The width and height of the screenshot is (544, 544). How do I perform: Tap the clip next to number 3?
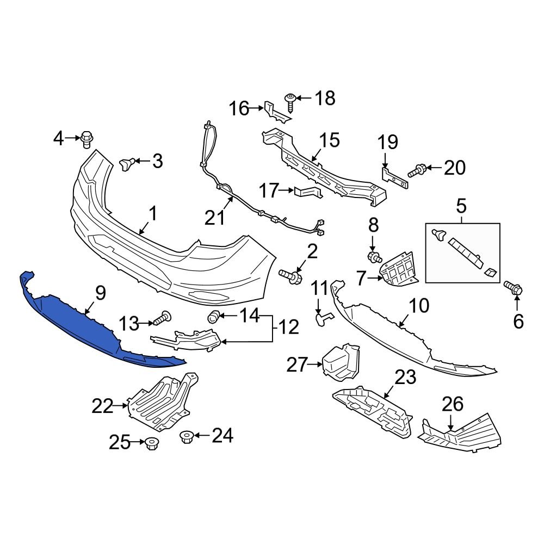pyautogui.click(x=126, y=163)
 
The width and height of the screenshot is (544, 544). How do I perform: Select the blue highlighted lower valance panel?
pyautogui.click(x=82, y=326)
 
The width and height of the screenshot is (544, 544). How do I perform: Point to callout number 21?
pyautogui.click(x=214, y=218)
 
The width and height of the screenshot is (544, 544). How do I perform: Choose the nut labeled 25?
pyautogui.click(x=152, y=443)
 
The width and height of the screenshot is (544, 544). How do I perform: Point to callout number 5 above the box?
pyautogui.click(x=461, y=207)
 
